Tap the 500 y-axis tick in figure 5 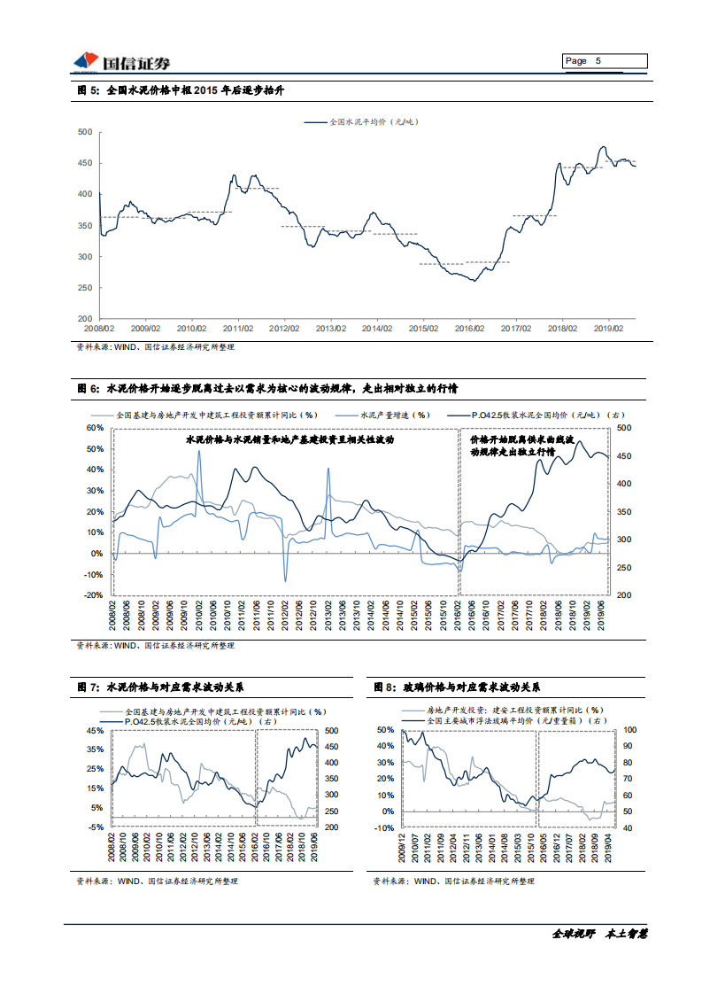pos(85,132)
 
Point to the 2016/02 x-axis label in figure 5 pos(469,328)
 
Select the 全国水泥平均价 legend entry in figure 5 pos(372,121)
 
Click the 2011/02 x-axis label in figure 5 pos(238,328)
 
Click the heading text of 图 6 pos(266,388)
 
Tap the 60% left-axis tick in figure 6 pos(95,428)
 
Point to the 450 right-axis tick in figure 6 pos(624,456)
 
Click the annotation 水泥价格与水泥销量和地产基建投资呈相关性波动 pos(289,439)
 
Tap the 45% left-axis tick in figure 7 pos(94,731)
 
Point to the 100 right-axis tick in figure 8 pos(630,730)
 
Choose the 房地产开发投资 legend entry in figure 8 pos(514,710)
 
